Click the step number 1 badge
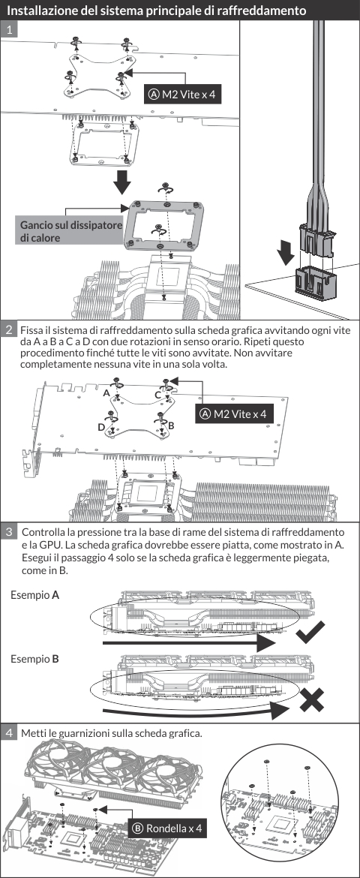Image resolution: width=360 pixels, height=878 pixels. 9,30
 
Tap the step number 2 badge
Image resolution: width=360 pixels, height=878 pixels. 9,329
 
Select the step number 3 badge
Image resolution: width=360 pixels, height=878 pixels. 9,531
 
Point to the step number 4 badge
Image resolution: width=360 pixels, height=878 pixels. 9,732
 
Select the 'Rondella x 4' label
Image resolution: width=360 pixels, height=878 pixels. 167,828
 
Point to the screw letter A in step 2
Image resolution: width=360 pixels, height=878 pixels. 106,393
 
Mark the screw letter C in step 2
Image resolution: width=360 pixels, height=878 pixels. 158,395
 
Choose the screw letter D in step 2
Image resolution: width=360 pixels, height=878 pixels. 100,428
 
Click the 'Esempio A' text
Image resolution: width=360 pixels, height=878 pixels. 34,595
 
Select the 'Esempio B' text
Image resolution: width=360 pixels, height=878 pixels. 34,659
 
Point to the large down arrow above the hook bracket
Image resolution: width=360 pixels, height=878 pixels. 122,182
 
